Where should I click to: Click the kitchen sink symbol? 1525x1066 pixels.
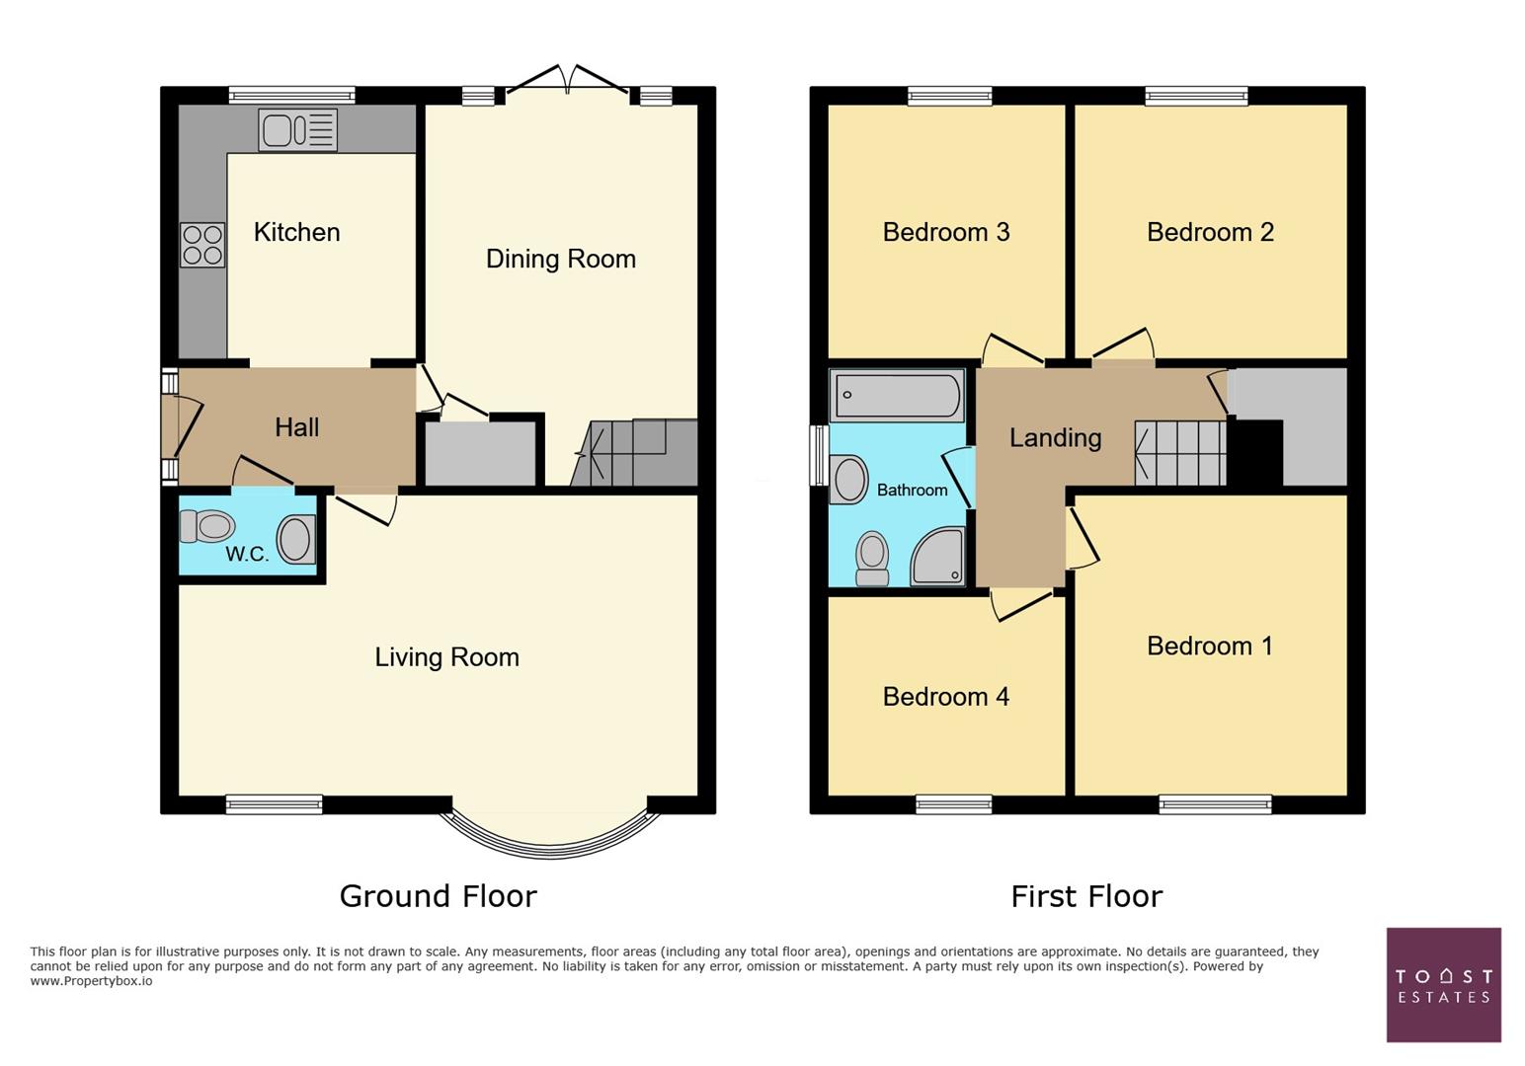tap(297, 130)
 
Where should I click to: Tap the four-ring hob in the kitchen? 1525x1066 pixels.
tap(201, 245)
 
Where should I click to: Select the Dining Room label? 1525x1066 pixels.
tap(560, 259)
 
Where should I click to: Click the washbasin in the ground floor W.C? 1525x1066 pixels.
tap(295, 540)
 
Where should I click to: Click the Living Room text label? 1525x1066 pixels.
tap(446, 657)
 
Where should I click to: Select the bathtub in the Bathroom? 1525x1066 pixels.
tap(897, 396)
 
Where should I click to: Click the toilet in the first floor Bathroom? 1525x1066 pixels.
tap(871, 558)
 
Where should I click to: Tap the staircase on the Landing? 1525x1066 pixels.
tap(1180, 453)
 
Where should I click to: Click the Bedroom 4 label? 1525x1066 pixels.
tap(945, 697)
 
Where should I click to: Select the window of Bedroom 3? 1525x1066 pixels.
tap(949, 96)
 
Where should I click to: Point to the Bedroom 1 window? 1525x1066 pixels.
tap(1215, 805)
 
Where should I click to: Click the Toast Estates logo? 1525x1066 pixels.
tap(1443, 984)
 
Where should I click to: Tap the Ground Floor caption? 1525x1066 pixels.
tap(438, 896)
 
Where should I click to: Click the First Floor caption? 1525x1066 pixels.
tap(1086, 896)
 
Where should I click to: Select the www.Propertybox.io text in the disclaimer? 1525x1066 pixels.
tap(91, 981)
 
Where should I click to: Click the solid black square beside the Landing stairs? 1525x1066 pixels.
tap(1255, 453)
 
